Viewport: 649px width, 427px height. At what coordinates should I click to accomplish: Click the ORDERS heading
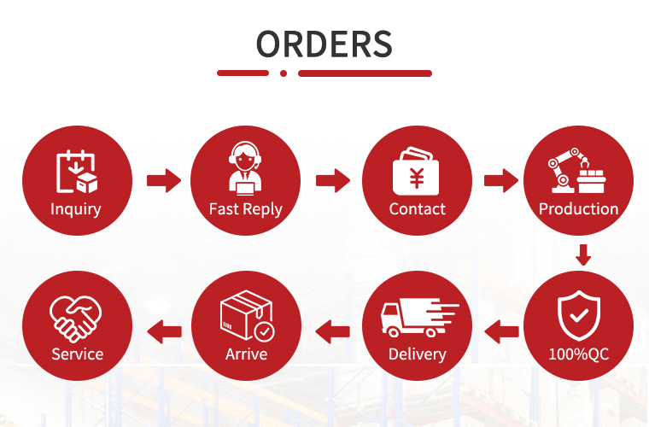324,44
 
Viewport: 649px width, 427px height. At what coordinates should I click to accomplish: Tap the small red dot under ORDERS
284,73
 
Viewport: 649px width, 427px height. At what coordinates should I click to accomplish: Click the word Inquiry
76,209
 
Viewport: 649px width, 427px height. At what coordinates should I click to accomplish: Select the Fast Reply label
246,209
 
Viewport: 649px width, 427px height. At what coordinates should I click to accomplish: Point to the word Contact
418,209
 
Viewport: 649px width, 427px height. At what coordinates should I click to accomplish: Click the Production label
579,209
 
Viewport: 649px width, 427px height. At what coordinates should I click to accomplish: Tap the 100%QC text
579,354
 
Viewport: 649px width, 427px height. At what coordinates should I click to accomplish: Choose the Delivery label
418,354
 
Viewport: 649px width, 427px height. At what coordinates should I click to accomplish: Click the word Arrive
246,354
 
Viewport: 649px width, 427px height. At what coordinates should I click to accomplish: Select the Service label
78,354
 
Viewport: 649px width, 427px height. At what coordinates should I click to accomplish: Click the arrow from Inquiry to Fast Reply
164,180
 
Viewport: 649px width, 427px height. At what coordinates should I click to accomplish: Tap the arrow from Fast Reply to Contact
333,180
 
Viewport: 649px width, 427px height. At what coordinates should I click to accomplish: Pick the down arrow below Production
583,254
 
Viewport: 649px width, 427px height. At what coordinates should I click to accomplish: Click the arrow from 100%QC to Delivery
501,331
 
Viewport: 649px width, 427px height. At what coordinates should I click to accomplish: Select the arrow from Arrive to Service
164,331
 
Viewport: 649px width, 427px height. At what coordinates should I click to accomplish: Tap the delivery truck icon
419,318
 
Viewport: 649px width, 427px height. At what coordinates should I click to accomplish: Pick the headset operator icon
245,168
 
